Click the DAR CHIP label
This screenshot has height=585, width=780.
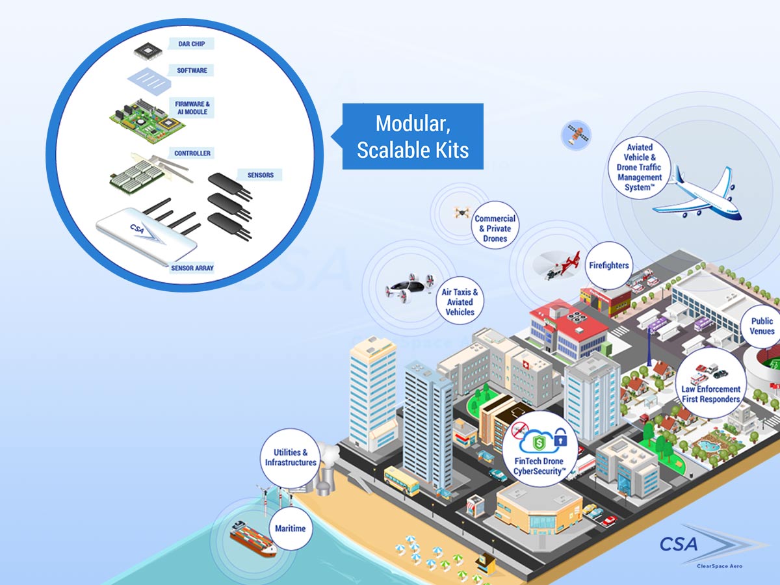click(191, 44)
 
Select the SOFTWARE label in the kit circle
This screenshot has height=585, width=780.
click(192, 70)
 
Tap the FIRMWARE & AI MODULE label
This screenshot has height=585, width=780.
click(192, 108)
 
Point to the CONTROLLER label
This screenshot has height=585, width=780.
click(192, 153)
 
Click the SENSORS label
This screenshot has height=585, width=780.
click(261, 175)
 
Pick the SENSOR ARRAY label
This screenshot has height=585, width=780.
click(192, 268)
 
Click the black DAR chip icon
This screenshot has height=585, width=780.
click(148, 51)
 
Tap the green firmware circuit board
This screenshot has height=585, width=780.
click(147, 120)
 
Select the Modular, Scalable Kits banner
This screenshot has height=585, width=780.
click(412, 136)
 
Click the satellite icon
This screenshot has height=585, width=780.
click(576, 135)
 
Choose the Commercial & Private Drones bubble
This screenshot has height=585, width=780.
click(495, 225)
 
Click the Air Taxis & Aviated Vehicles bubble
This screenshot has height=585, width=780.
click(460, 300)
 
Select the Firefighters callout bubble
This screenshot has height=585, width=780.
click(609, 265)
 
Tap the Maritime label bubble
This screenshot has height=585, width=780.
click(291, 528)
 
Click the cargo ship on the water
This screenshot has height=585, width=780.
click(253, 538)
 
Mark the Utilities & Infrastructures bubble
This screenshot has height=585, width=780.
click(291, 458)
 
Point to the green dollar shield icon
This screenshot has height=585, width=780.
click(539, 443)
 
